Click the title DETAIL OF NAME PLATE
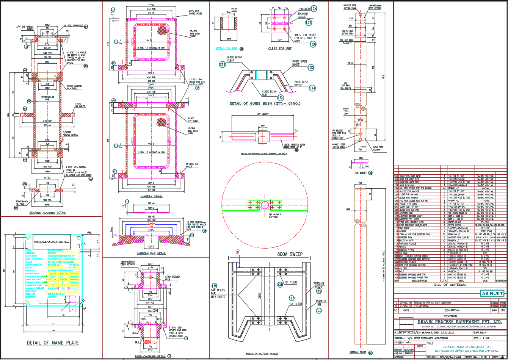[53, 343]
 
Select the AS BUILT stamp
[492, 294]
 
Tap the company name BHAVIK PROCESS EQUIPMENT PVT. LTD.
[459, 322]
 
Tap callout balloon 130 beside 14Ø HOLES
[214, 286]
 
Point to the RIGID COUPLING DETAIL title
[150, 356]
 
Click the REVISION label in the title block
[450, 316]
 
